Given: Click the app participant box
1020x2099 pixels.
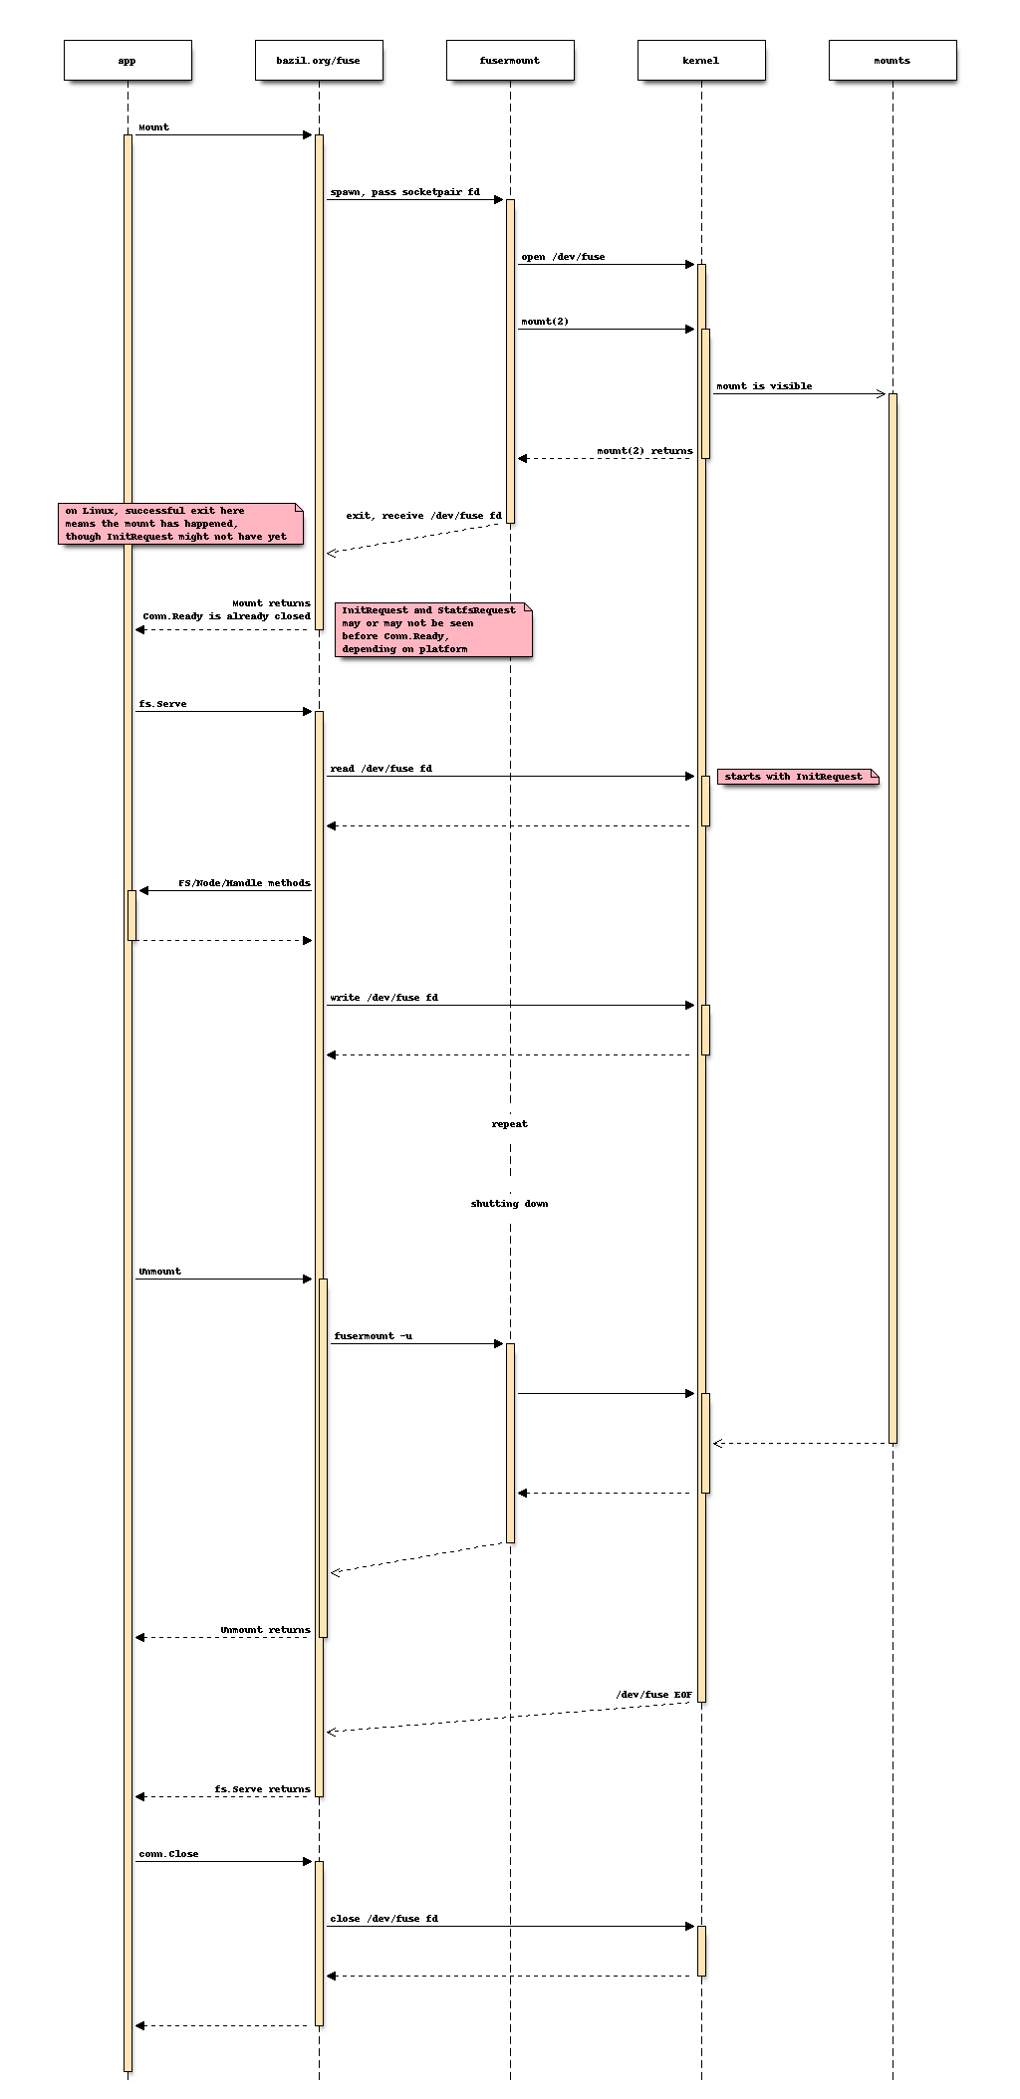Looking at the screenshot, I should (127, 60).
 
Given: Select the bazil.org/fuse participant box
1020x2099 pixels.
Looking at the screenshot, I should (319, 60).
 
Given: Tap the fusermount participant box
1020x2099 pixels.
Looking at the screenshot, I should (510, 60).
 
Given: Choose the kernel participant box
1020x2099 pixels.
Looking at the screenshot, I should (701, 60).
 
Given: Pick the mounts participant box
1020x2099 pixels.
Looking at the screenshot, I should (892, 60).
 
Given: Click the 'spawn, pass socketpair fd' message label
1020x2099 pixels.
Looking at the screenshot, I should (404, 192).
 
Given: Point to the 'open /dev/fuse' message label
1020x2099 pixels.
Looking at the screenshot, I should (563, 257).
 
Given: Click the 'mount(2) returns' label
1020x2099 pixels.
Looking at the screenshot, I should (644, 451).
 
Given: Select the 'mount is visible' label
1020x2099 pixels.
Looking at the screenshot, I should (764, 386).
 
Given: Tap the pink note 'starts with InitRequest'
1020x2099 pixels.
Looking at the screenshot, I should (797, 777).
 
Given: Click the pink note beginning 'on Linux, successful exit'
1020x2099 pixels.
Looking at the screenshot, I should (179, 524).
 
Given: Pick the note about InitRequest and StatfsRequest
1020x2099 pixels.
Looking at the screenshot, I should (432, 629).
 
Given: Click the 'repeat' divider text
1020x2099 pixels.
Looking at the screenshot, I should (510, 1124).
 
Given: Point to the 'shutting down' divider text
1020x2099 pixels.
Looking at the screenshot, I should (510, 1204).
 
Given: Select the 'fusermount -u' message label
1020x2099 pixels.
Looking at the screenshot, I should (373, 1336).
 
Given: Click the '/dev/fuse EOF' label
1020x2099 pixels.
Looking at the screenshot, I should (653, 1695).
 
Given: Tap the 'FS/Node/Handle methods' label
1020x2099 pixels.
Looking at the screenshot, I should (244, 883).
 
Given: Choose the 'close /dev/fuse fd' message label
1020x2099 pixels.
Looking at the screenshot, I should (383, 1919).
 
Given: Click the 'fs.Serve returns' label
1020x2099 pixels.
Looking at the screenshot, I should (262, 1789).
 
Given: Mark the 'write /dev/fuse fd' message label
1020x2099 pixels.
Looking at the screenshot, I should (383, 998).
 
